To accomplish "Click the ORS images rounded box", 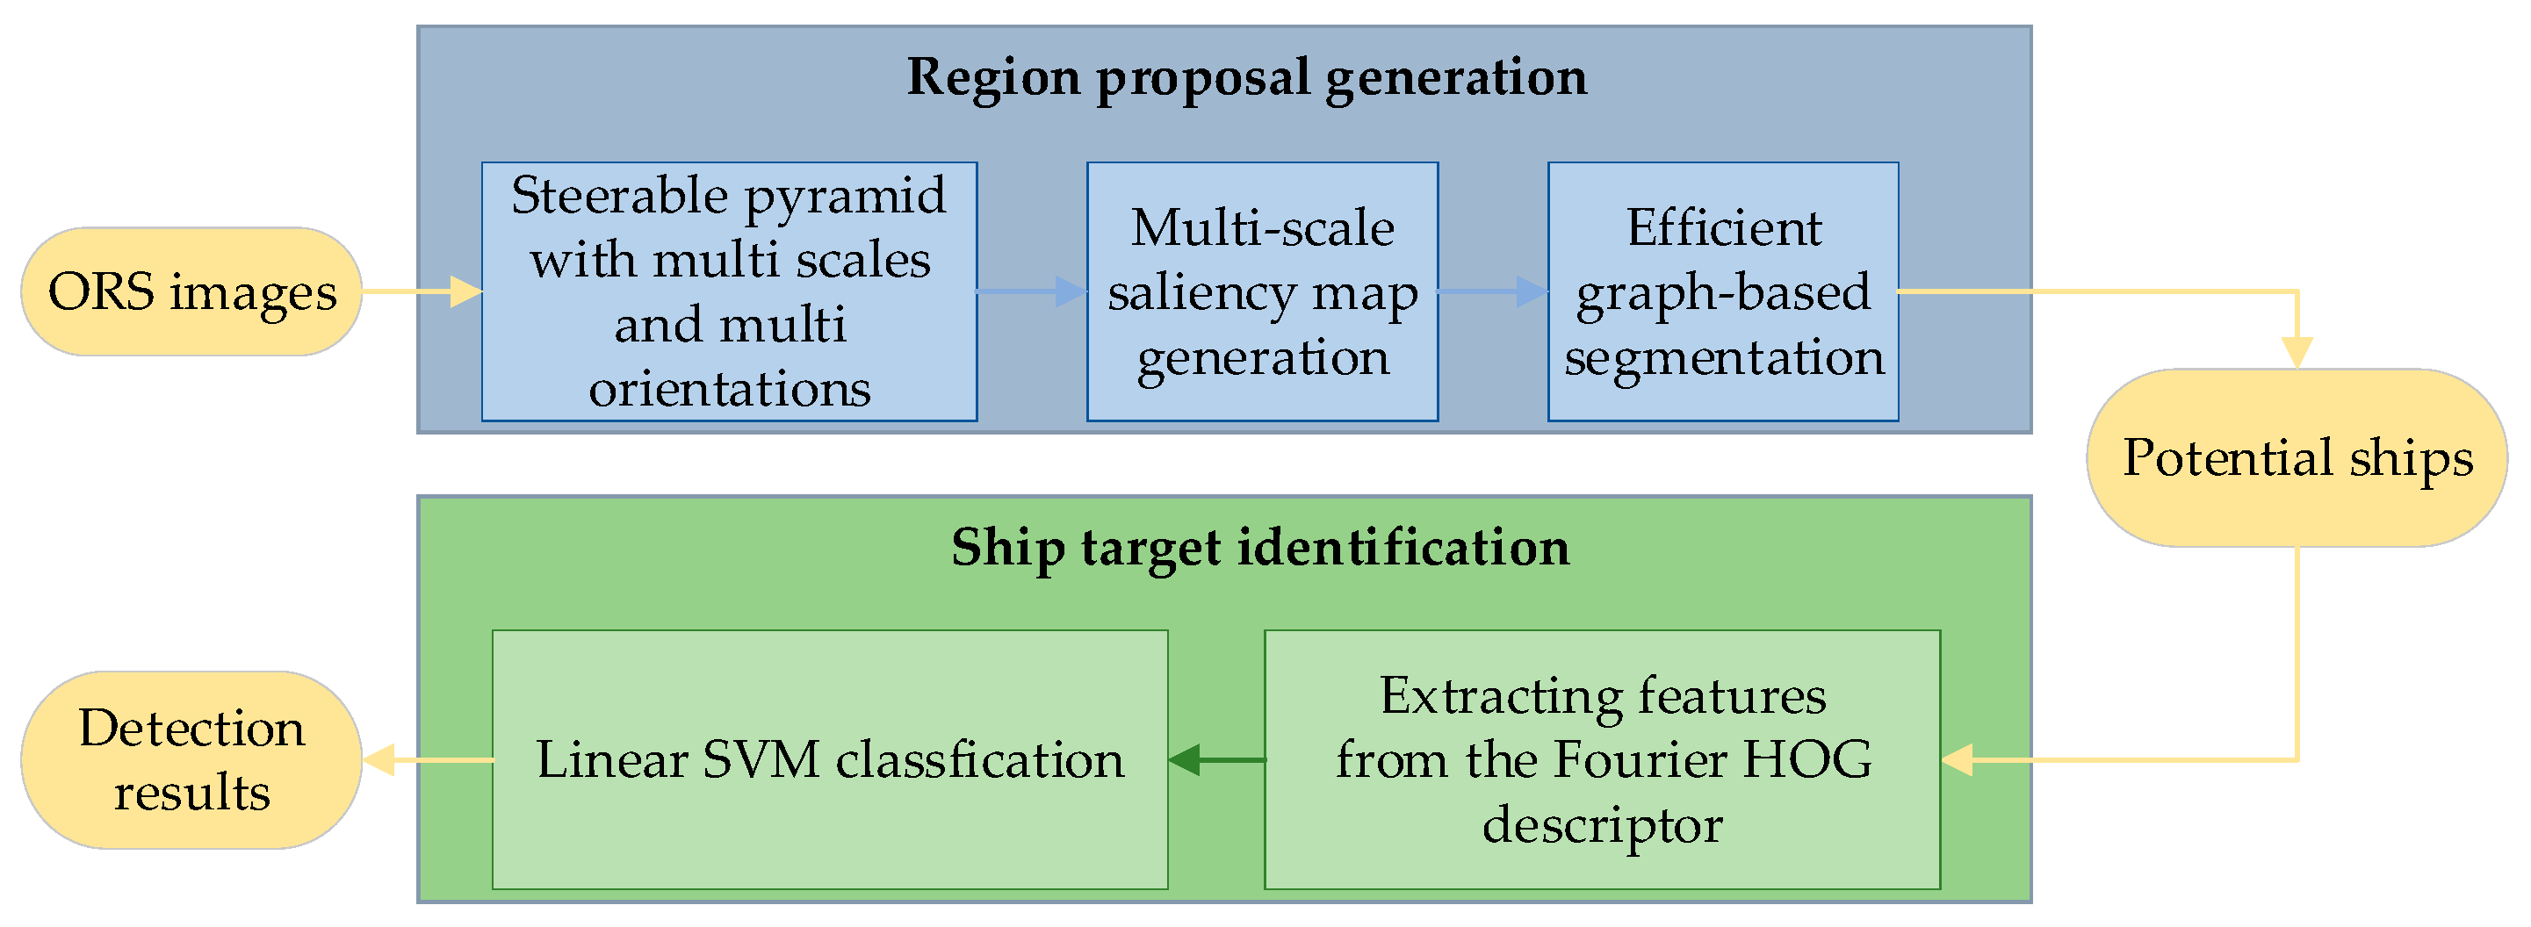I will coord(191,291).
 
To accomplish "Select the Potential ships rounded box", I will coord(2297,457).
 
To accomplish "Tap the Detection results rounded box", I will coord(191,760).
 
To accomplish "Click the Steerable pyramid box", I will coord(729,291).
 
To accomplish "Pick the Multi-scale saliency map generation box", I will coord(1263,291).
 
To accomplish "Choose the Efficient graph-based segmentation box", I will coord(1723,291).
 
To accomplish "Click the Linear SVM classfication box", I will coord(830,760).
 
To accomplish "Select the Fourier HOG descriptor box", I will coord(1603,760).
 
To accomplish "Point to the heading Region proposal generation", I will coord(1246,76).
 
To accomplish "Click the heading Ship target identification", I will coord(1259,547).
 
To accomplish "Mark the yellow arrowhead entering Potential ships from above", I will coord(2297,351).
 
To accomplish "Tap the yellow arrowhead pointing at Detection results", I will coord(379,760).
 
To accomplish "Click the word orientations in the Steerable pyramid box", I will coord(729,388).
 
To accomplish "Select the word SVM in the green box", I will coord(761,760).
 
